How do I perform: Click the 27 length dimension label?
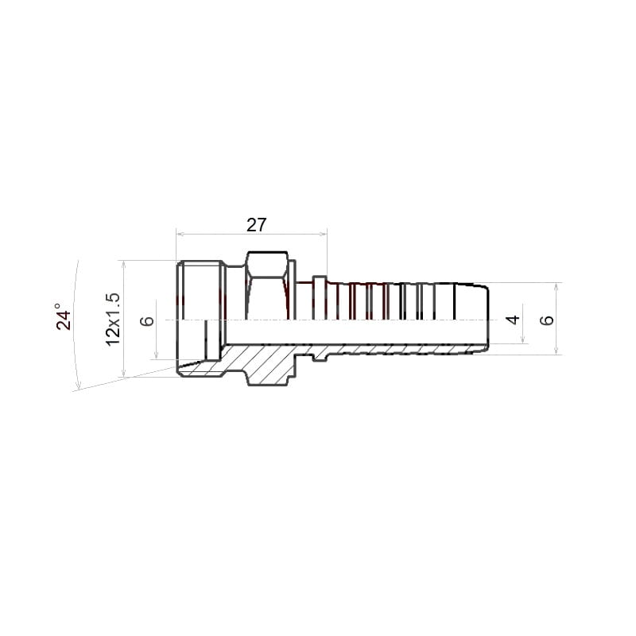point(256,225)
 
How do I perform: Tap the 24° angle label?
point(64,316)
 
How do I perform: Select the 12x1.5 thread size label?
point(113,320)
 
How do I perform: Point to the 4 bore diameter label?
point(514,320)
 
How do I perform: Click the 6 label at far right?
point(547,320)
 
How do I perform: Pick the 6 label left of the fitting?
point(147,321)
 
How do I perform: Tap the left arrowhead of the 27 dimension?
point(180,234)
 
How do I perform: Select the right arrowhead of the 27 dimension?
point(323,234)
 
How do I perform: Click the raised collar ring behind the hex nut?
point(320,297)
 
